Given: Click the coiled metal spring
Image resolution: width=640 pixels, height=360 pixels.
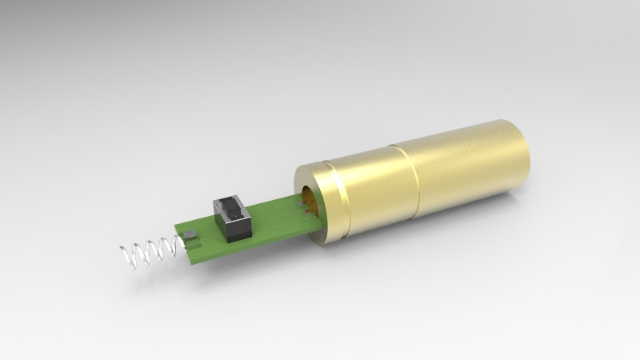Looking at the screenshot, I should click(x=152, y=252).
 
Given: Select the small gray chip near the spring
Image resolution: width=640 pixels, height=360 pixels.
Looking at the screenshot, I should click(x=191, y=236).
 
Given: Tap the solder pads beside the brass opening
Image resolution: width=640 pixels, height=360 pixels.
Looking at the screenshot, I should click(x=302, y=207).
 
